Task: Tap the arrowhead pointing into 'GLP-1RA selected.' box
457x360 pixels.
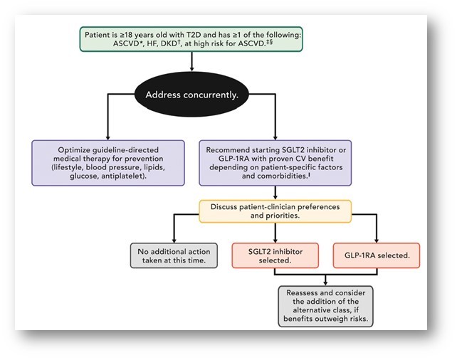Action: [x=376, y=240]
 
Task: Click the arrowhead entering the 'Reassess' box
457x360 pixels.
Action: [x=325, y=282]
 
